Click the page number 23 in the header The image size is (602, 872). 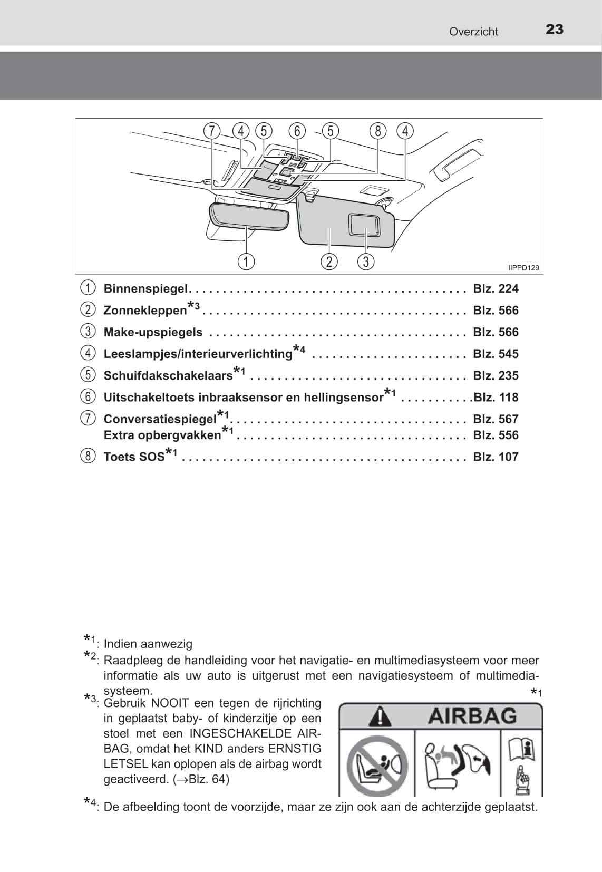[x=554, y=30]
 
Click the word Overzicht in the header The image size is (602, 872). [x=473, y=32]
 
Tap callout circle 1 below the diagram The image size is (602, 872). [x=246, y=261]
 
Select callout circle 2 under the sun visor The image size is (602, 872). [x=329, y=261]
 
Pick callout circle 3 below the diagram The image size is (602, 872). [x=365, y=261]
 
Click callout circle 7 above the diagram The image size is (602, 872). [x=212, y=131]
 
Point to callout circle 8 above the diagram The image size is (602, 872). [x=377, y=131]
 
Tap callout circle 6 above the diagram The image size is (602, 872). [x=297, y=131]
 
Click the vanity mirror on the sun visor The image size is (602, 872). [x=364, y=225]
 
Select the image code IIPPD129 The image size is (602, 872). [x=523, y=268]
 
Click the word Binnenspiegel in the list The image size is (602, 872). [x=145, y=288]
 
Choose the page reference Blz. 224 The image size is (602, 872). [x=496, y=288]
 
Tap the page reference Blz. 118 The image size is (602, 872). [x=496, y=397]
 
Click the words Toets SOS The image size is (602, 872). [x=134, y=457]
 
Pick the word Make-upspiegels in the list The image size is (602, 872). [x=153, y=332]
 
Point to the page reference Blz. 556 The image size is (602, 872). [x=496, y=435]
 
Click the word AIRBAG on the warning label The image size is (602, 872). [x=472, y=716]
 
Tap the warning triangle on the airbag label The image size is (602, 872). [x=380, y=716]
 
